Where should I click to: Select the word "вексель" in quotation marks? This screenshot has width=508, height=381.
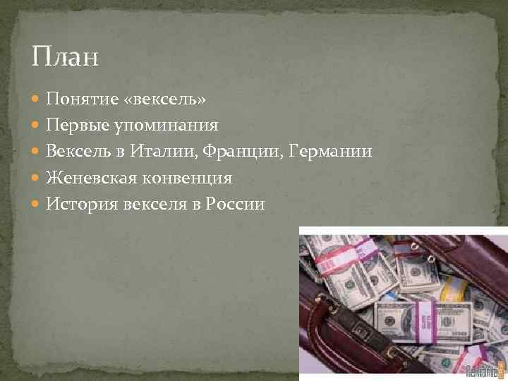point(164,99)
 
